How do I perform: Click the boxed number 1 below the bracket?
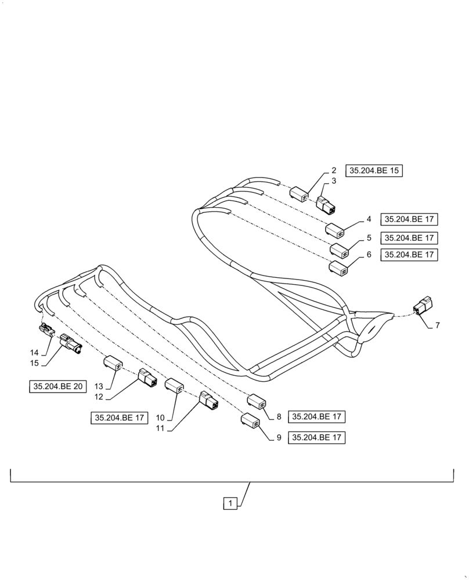pos(230,503)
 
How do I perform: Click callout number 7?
pos(437,325)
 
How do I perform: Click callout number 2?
pos(334,171)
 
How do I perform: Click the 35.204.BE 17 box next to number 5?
pos(409,238)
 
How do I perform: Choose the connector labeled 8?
pos(257,401)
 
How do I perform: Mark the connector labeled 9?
pos(250,420)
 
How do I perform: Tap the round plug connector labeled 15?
pos(70,347)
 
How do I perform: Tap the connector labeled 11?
pos(208,401)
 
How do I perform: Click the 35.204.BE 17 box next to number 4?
pos(409,219)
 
